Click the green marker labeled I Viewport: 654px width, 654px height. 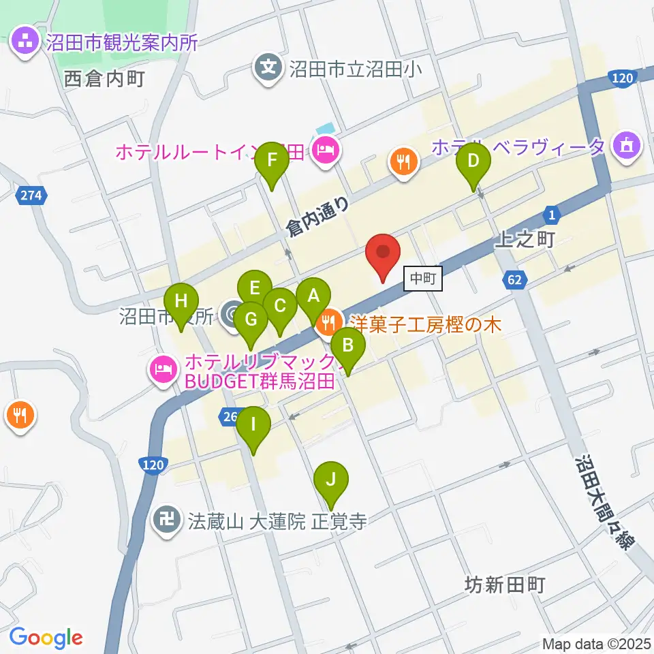[253, 428]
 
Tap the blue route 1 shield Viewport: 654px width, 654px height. [552, 216]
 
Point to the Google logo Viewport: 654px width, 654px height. [46, 638]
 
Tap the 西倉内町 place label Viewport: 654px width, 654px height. [104, 79]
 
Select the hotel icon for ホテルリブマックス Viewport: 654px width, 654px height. [163, 370]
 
